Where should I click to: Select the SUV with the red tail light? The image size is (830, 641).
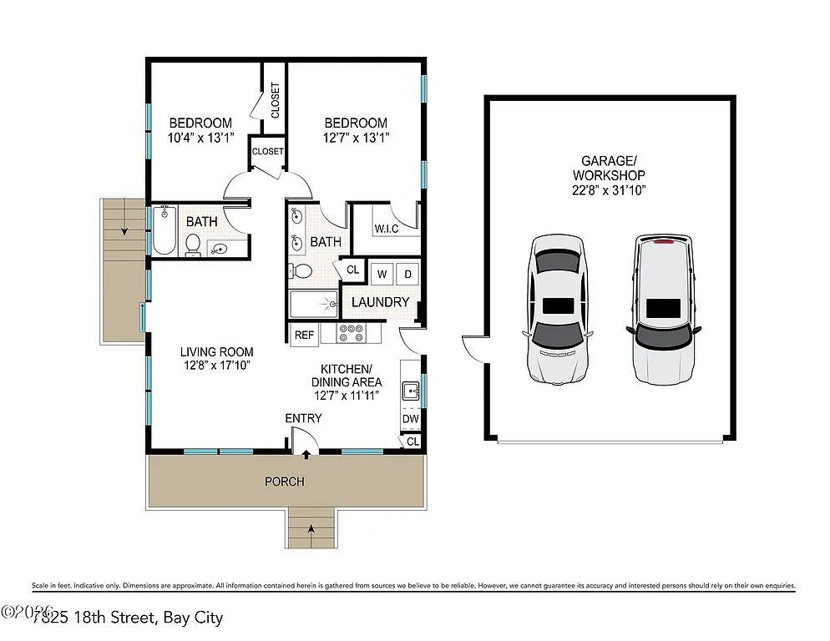[x=663, y=307]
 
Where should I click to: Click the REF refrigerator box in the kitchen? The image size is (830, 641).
[x=304, y=335]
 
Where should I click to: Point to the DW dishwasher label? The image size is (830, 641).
[x=410, y=419]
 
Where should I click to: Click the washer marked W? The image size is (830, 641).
[x=382, y=274]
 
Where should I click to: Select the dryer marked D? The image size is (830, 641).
[x=407, y=274]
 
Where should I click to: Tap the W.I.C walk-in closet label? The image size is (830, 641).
[x=385, y=227]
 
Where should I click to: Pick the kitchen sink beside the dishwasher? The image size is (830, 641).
[x=411, y=389]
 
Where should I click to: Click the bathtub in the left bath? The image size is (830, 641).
[x=163, y=231]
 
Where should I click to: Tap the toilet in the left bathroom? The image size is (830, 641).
[x=194, y=245]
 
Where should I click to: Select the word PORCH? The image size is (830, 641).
[x=284, y=482]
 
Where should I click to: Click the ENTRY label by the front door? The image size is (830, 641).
[x=303, y=418]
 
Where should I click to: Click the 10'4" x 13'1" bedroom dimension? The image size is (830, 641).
[x=200, y=137]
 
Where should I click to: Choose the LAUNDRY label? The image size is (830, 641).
[x=380, y=302]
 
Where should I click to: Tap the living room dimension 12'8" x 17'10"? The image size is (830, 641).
[x=216, y=365]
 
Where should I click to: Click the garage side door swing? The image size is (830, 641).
[x=473, y=347]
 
